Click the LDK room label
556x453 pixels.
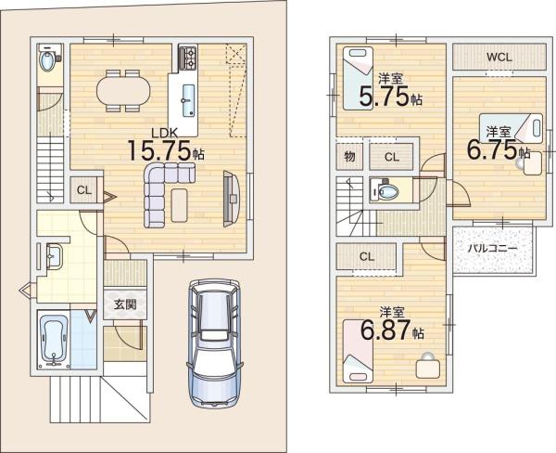[x=164, y=133]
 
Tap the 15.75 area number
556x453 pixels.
[x=159, y=150]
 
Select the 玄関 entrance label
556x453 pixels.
[x=125, y=304]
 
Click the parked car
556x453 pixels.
[x=215, y=343]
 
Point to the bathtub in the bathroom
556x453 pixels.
[x=54, y=341]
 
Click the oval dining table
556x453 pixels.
[x=123, y=91]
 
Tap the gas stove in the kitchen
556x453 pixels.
[x=187, y=58]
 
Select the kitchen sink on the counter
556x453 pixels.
[x=187, y=100]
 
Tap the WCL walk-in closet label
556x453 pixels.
[x=499, y=57]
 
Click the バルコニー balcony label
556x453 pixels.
[x=492, y=249]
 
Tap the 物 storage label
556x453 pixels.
[x=350, y=156]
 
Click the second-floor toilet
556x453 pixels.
[x=384, y=190]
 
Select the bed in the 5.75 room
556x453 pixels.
[x=358, y=78]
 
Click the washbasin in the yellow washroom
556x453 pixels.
[x=54, y=256]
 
